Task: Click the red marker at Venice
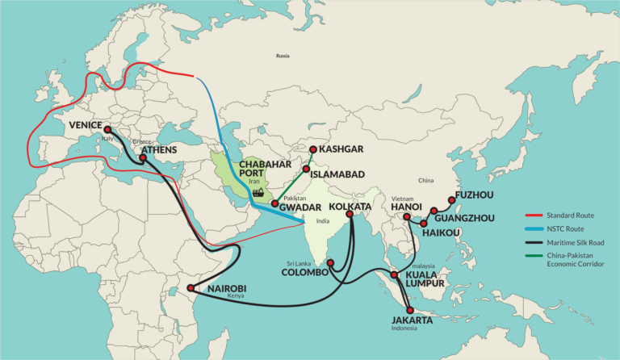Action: pos(107,129)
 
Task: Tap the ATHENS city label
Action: pos(158,149)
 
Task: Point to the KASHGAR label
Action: pos(341,149)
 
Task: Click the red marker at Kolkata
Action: pos(350,215)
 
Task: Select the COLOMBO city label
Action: pos(304,272)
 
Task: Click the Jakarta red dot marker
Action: pos(410,310)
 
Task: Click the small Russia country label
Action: pos(283,56)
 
